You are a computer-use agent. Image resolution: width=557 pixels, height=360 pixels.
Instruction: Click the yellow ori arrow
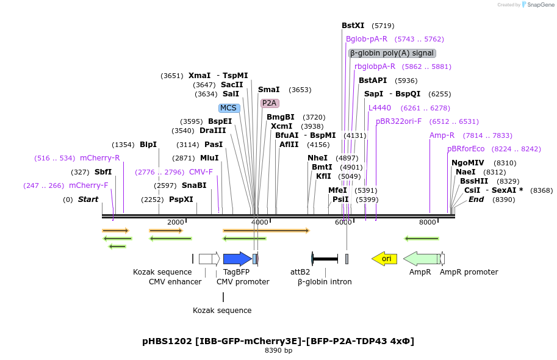(x=384, y=259)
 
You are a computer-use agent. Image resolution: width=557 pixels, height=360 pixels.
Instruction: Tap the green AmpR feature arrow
(x=422, y=259)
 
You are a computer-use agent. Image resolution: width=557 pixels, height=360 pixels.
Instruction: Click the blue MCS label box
(x=229, y=108)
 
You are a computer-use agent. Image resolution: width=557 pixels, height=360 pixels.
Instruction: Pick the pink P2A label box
(x=270, y=103)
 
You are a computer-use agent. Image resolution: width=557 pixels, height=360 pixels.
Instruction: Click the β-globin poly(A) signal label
(x=392, y=53)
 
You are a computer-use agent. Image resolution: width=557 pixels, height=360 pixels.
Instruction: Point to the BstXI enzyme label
(x=353, y=26)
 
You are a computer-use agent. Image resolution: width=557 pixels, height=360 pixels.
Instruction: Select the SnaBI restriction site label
(x=194, y=185)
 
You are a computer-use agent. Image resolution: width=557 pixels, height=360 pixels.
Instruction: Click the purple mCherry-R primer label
(x=100, y=158)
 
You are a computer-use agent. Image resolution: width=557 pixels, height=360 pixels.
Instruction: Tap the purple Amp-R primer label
(x=442, y=135)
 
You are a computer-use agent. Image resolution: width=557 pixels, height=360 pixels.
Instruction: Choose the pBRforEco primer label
(x=465, y=149)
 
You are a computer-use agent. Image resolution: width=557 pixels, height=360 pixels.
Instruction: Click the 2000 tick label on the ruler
(x=175, y=222)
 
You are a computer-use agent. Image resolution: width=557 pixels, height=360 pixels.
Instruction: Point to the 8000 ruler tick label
(x=428, y=222)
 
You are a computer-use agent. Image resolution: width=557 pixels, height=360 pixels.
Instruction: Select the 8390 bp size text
(x=278, y=351)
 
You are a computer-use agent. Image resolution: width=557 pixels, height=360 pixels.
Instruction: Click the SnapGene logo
(x=537, y=5)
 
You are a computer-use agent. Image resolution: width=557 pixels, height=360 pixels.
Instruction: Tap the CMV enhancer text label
(x=175, y=282)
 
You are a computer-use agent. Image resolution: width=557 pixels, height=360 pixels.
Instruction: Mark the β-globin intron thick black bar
(x=325, y=259)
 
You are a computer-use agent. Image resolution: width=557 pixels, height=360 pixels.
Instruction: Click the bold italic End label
(x=476, y=200)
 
